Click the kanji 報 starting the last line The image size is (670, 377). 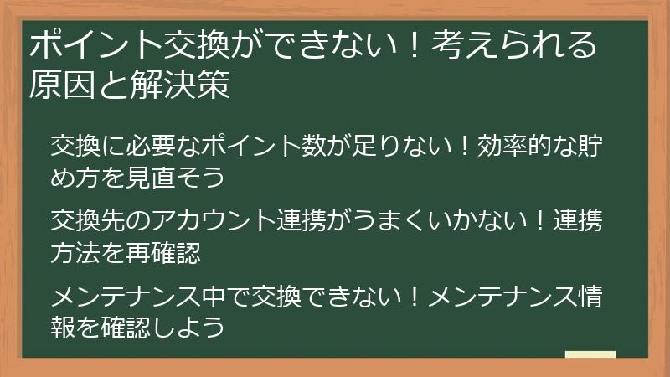63,327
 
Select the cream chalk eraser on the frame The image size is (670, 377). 590,355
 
